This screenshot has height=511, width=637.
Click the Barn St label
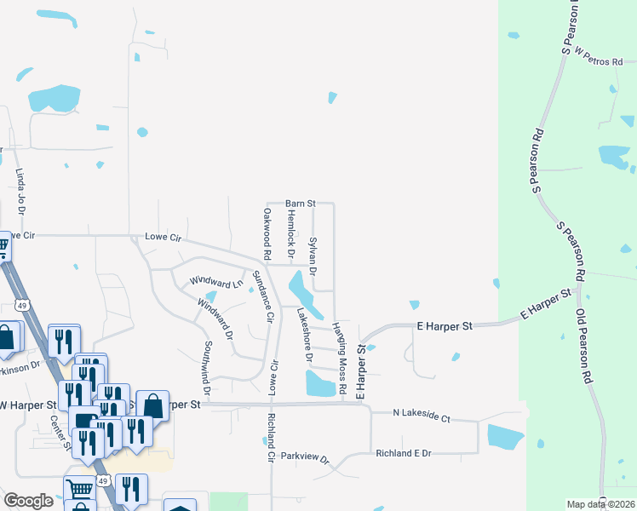(300, 204)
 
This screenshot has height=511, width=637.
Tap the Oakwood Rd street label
(267, 233)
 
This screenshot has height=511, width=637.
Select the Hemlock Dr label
(290, 236)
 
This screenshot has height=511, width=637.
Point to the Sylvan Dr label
(313, 256)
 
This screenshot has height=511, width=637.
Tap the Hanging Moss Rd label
(340, 359)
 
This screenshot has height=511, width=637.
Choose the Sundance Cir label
(263, 297)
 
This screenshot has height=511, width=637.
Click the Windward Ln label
(210, 282)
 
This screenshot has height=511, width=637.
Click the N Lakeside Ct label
(421, 414)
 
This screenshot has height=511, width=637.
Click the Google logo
(28, 501)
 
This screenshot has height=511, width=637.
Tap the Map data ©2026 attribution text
(600, 504)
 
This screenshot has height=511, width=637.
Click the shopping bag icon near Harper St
(152, 405)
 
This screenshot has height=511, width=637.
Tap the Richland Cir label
(270, 433)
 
